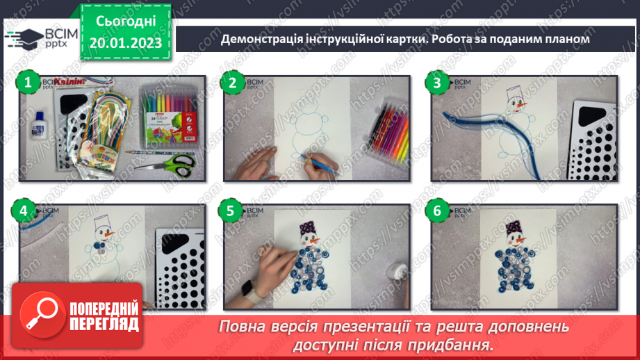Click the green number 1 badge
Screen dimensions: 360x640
point(27,83)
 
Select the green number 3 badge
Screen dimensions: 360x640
point(437,83)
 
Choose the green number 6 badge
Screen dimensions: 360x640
point(437,211)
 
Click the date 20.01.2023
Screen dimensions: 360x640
point(125,43)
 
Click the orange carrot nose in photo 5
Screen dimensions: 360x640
point(315,241)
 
